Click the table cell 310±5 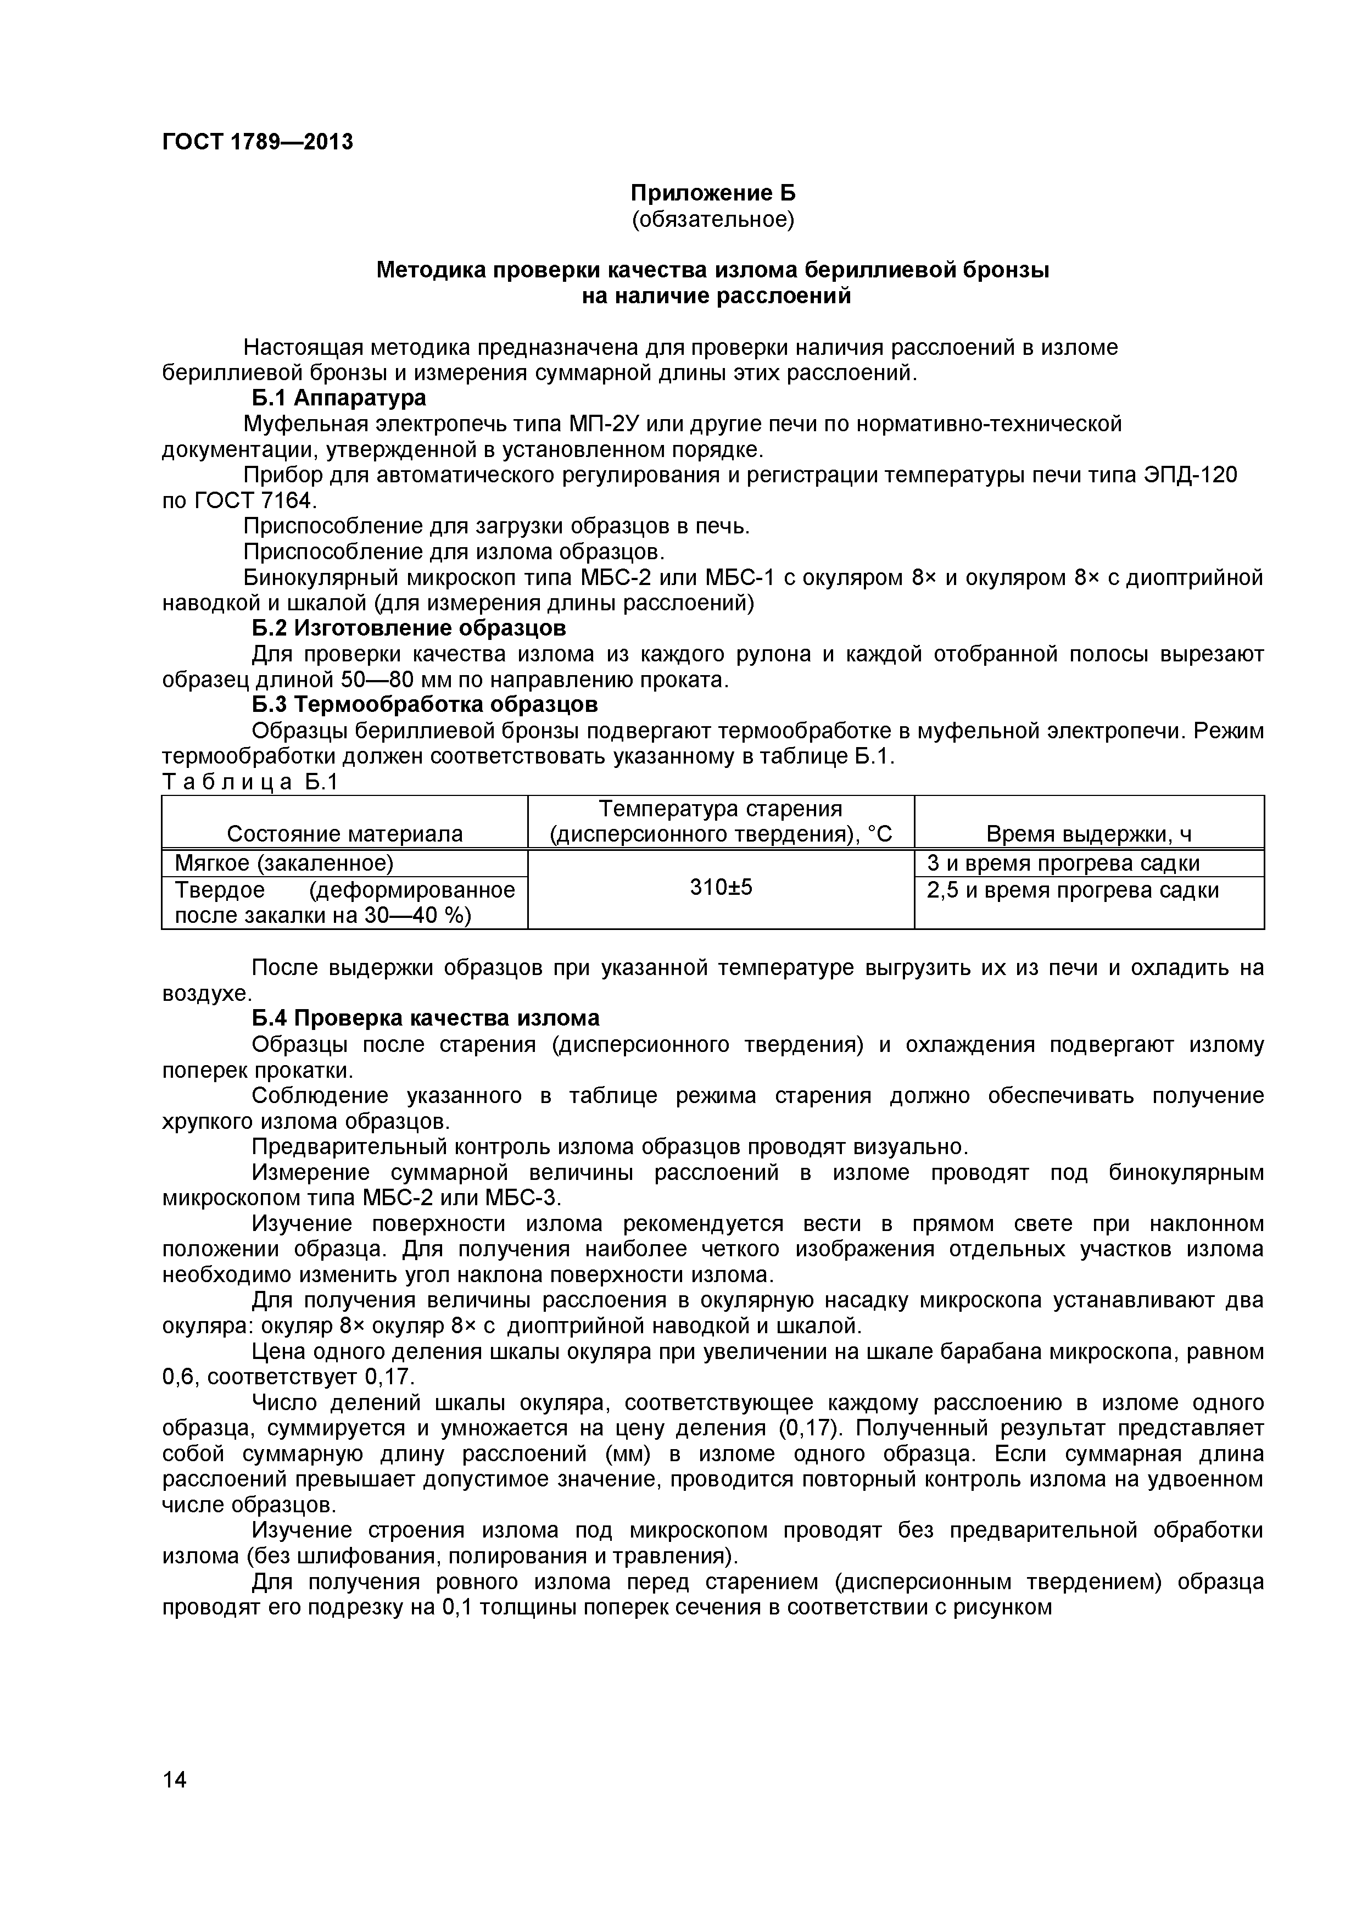pos(720,887)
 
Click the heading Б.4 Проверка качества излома pos(426,1018)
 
